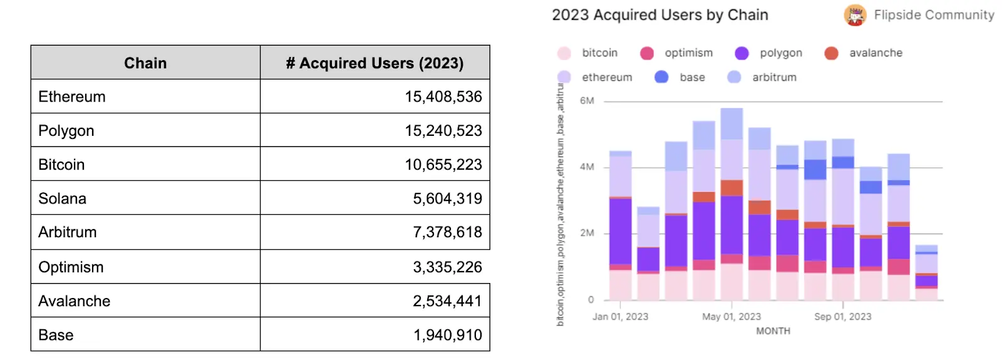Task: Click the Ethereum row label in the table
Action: [72, 97]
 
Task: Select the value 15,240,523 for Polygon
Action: [443, 131]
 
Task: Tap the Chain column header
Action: [145, 63]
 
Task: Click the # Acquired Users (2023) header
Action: [374, 63]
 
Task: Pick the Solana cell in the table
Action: [63, 198]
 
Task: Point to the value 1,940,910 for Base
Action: [447, 335]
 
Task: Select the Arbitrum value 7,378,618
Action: [447, 232]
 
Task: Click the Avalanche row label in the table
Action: [75, 301]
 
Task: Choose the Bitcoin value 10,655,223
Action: [443, 165]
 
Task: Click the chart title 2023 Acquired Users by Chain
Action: [659, 15]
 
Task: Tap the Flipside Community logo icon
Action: [854, 15]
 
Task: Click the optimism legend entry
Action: [688, 53]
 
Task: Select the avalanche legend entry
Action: [875, 53]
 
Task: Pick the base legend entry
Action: [691, 78]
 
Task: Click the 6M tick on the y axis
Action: [587, 101]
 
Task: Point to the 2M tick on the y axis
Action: [587, 233]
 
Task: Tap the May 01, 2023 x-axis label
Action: [731, 317]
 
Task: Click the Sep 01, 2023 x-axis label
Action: [842, 317]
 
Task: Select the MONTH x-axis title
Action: [773, 331]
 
